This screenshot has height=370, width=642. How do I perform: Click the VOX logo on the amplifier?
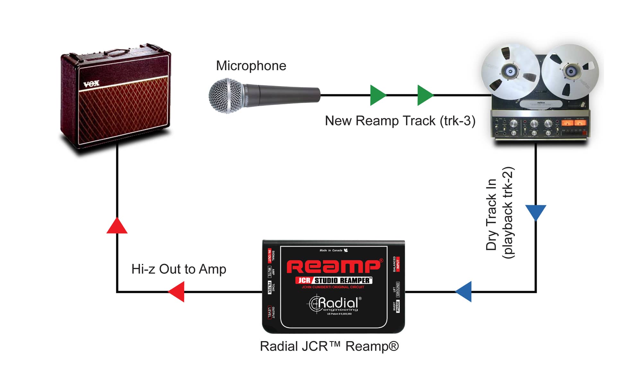91,84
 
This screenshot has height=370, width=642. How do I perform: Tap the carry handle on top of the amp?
116,52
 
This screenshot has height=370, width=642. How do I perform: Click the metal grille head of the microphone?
226,96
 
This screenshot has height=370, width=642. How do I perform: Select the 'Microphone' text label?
251,66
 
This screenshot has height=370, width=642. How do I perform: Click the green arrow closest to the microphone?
377,95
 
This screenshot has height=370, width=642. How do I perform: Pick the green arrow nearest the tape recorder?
425,95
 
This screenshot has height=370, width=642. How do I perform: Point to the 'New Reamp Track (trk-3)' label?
400,121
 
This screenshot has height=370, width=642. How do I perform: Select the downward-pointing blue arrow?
536,212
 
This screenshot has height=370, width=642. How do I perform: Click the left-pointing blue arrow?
464,292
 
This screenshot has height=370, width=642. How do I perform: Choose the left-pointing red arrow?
177,292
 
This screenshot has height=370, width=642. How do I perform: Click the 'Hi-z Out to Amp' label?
179,269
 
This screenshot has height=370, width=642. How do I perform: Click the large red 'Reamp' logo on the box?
334,266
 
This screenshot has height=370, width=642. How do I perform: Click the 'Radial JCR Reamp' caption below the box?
329,347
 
